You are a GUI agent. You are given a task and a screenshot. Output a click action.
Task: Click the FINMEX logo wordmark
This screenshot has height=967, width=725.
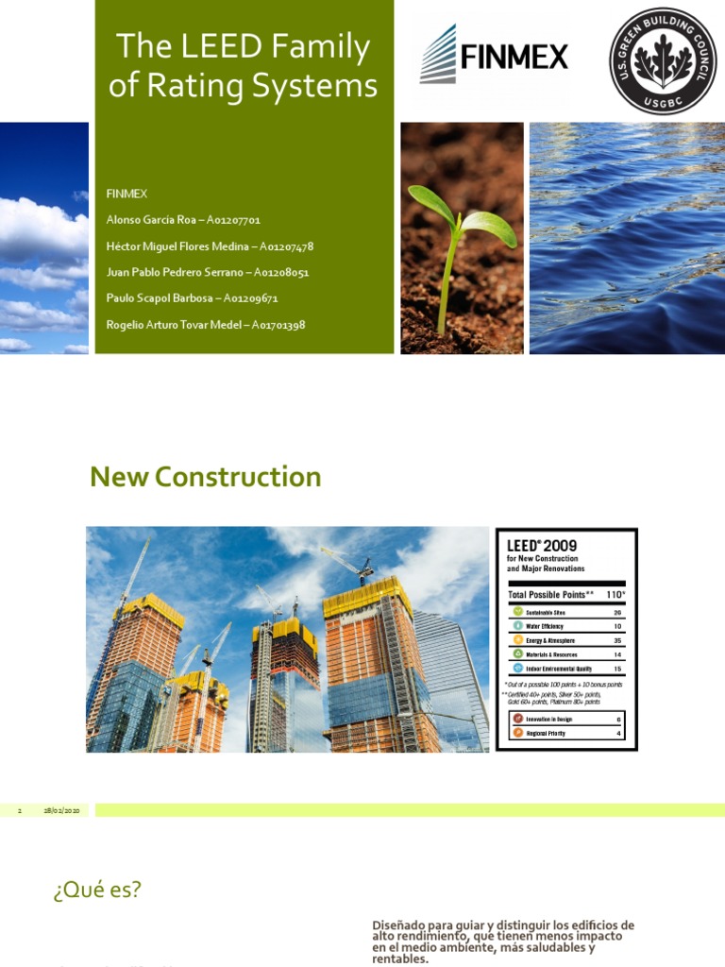tap(514, 58)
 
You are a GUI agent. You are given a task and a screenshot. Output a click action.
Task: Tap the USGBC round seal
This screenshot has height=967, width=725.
tap(662, 61)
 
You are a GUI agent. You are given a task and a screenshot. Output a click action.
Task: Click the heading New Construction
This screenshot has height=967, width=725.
tap(206, 477)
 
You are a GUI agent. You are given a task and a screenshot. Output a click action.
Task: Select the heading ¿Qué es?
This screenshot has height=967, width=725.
tap(97, 890)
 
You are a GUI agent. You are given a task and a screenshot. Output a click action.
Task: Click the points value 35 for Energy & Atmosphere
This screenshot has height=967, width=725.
tap(617, 639)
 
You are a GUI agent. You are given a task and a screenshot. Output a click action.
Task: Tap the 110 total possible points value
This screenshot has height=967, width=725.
tap(615, 595)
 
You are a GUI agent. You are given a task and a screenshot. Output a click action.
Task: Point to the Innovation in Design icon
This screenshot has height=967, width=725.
tap(517, 719)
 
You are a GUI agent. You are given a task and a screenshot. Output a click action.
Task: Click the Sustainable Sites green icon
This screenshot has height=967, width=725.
tap(517, 612)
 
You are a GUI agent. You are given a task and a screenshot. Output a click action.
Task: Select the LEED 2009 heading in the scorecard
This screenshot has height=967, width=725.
tap(542, 545)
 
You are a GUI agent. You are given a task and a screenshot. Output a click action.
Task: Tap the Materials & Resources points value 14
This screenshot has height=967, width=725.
tap(617, 653)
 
